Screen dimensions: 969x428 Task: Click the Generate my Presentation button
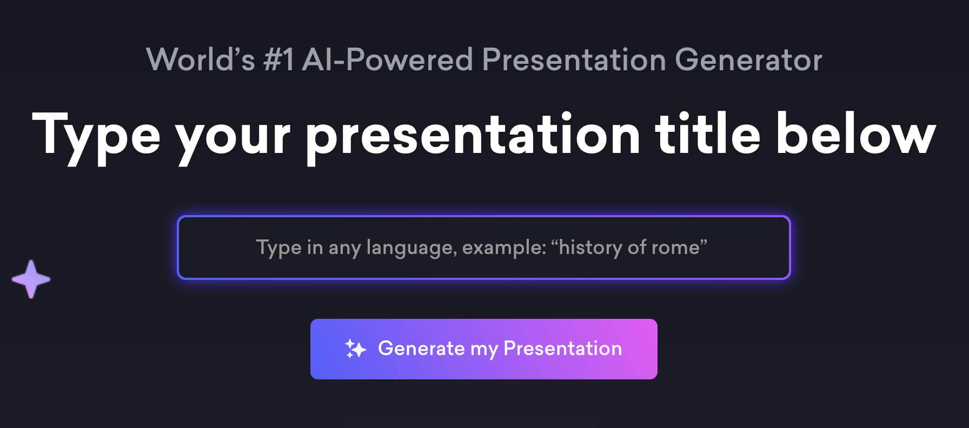click(x=484, y=349)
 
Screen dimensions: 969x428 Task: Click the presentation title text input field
click(x=484, y=248)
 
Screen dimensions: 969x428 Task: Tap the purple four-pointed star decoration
click(x=31, y=279)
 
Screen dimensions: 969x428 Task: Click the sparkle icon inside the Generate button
click(x=355, y=349)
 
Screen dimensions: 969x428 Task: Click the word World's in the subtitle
click(x=201, y=59)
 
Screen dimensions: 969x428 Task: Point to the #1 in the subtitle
click(x=278, y=59)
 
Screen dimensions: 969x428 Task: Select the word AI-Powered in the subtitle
click(x=387, y=59)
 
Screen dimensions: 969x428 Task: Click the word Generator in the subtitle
click(x=748, y=59)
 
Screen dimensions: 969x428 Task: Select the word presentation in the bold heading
click(x=473, y=137)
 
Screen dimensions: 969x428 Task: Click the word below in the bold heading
click(x=856, y=133)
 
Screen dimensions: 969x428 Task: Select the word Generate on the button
click(x=421, y=349)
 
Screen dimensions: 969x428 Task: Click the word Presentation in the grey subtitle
click(x=574, y=59)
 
